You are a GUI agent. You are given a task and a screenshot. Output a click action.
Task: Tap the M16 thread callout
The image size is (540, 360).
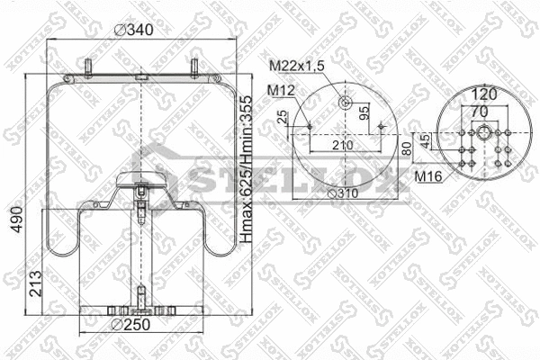point(427,175)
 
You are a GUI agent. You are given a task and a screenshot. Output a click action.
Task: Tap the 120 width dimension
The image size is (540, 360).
point(484,93)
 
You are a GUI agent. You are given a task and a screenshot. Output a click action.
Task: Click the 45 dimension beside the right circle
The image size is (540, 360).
point(423,140)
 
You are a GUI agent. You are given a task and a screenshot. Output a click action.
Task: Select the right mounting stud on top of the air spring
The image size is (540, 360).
point(193,69)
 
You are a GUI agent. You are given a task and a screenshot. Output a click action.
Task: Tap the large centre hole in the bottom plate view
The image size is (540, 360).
point(485,132)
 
